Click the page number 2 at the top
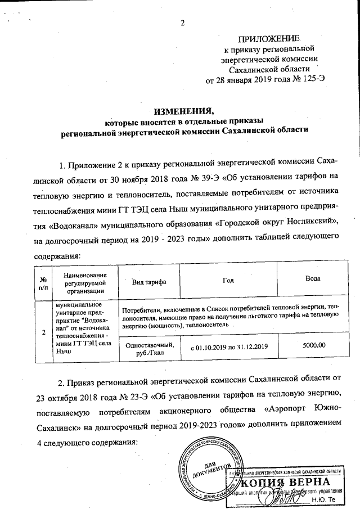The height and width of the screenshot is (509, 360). point(182,23)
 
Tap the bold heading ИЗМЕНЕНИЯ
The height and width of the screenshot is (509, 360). point(185,111)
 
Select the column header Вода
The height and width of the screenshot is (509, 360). point(313,278)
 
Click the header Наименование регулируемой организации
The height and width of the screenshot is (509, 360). point(85,282)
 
